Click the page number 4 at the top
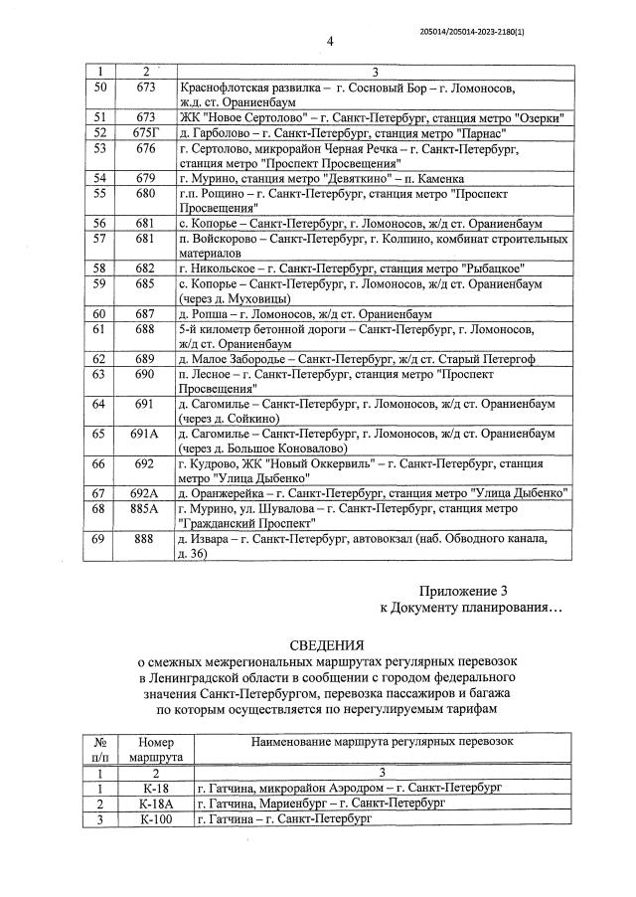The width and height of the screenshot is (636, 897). click(330, 41)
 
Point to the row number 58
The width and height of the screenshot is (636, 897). click(98, 269)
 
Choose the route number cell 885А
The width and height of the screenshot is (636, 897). click(146, 509)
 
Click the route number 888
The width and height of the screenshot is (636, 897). click(146, 538)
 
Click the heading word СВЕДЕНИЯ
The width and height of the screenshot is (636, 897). click(327, 644)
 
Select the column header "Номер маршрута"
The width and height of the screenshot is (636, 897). click(149, 750)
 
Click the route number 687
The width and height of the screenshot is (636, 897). click(146, 312)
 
